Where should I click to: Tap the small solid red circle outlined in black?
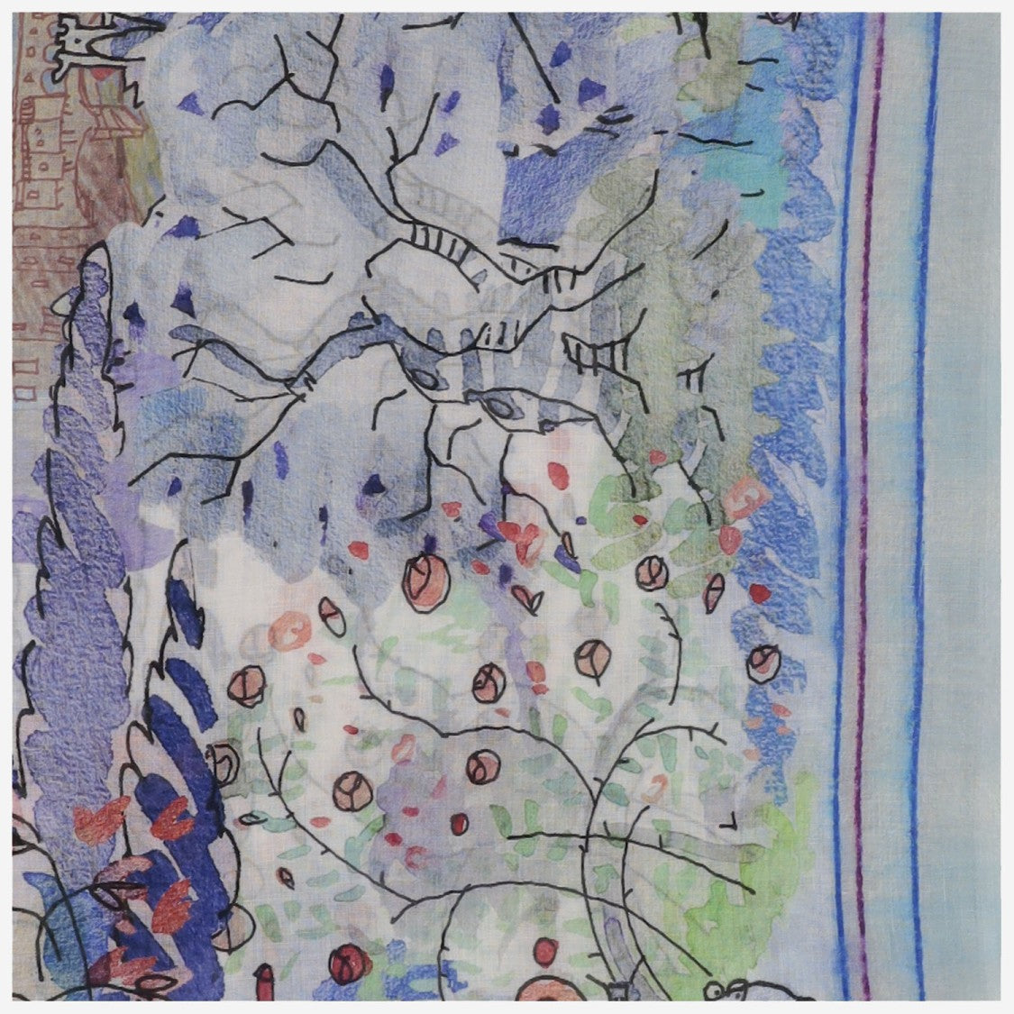[x=459, y=823]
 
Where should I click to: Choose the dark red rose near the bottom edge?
[x=344, y=967]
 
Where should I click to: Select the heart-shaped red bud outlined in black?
[x=524, y=594]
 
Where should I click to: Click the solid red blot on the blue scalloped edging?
[x=761, y=592]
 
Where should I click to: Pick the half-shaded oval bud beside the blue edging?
[x=713, y=592]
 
